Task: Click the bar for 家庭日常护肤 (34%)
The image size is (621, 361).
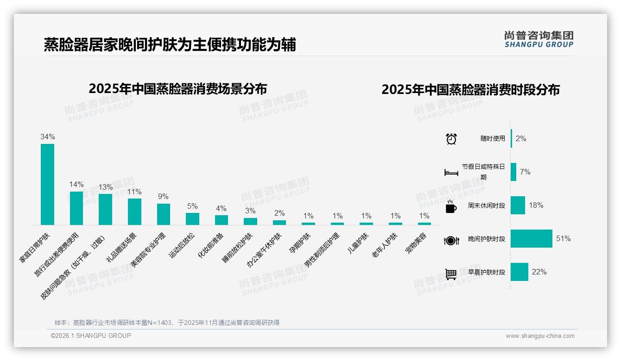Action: pyautogui.click(x=47, y=184)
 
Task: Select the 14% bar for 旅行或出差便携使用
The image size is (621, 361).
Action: pyautogui.click(x=76, y=208)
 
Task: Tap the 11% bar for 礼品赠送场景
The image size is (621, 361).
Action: pyautogui.click(x=134, y=212)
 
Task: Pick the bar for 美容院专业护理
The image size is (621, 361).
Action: pyautogui.click(x=164, y=214)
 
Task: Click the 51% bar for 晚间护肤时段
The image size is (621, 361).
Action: pyautogui.click(x=531, y=239)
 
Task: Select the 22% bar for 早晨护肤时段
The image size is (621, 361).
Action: pyautogui.click(x=520, y=272)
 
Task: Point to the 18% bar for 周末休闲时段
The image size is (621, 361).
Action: pyautogui.click(x=518, y=205)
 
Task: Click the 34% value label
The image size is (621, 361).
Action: pyautogui.click(x=47, y=137)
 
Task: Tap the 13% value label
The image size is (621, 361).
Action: pyautogui.click(x=105, y=187)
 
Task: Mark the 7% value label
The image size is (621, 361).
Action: pyautogui.click(x=525, y=172)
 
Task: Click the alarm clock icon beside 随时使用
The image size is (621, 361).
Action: pyautogui.click(x=451, y=139)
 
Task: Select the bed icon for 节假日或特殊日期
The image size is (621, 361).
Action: pyautogui.click(x=451, y=173)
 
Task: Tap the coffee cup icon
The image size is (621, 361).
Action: pyautogui.click(x=451, y=207)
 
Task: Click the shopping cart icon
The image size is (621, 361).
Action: pyautogui.click(x=451, y=274)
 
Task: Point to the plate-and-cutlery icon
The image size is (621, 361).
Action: pyautogui.click(x=451, y=241)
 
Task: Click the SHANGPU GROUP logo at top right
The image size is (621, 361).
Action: pyautogui.click(x=539, y=39)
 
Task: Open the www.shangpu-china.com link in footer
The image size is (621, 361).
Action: pyautogui.click(x=540, y=336)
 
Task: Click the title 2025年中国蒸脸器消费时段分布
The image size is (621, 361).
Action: pyautogui.click(x=470, y=90)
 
